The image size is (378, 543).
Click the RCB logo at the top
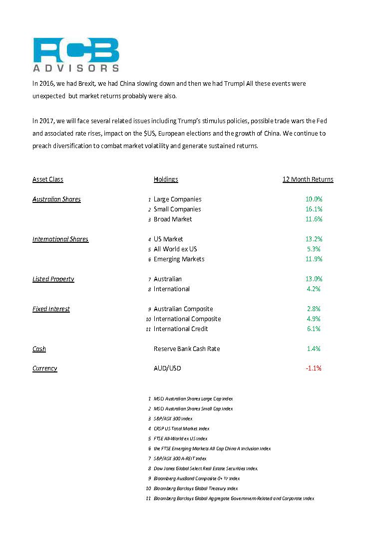click(76, 55)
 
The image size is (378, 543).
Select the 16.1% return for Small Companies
click(314, 209)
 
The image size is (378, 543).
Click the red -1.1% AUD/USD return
click(313, 368)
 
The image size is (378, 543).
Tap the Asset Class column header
click(48, 180)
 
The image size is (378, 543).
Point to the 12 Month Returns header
click(308, 180)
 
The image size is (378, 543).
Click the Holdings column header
click(166, 180)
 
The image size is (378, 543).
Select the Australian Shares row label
click(56, 199)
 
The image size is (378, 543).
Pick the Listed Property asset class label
click(53, 279)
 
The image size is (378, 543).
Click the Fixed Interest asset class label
click(51, 309)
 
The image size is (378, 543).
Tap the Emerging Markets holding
click(179, 259)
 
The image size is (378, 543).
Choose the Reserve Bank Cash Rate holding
click(187, 349)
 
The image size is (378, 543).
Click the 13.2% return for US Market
click(314, 239)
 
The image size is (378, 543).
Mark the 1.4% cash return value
click(314, 349)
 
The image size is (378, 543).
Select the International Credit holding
click(181, 329)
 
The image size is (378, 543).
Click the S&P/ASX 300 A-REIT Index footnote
click(180, 459)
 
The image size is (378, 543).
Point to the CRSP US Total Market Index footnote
click(181, 429)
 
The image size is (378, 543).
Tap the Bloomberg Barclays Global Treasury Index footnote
click(196, 489)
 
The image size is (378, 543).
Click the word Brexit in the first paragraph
click(86, 84)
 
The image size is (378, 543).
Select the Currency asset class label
click(45, 368)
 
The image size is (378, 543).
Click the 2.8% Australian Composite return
click(314, 309)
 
